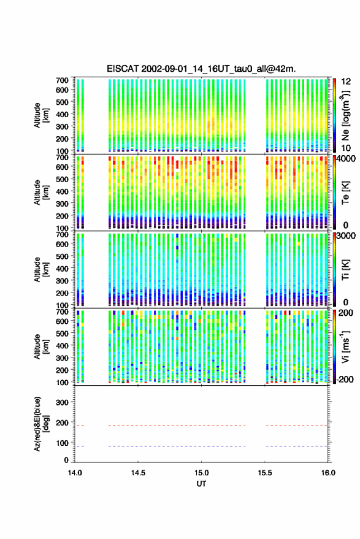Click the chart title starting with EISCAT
click(201, 69)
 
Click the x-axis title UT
click(201, 484)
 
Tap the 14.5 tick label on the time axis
click(138, 473)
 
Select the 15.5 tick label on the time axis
click(264, 473)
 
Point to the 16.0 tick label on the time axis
click(328, 473)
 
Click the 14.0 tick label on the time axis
click(75, 473)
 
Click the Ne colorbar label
click(345, 115)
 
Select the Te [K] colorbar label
click(345, 193)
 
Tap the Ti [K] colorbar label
click(345, 270)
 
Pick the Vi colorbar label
click(345, 347)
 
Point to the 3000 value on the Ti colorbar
click(346, 236)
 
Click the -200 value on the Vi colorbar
click(344, 380)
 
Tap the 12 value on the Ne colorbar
click(346, 82)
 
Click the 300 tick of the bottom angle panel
click(63, 402)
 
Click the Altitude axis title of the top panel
click(41, 115)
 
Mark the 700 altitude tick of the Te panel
click(62, 157)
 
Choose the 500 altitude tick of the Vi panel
click(62, 333)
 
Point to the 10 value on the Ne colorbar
click(346, 148)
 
